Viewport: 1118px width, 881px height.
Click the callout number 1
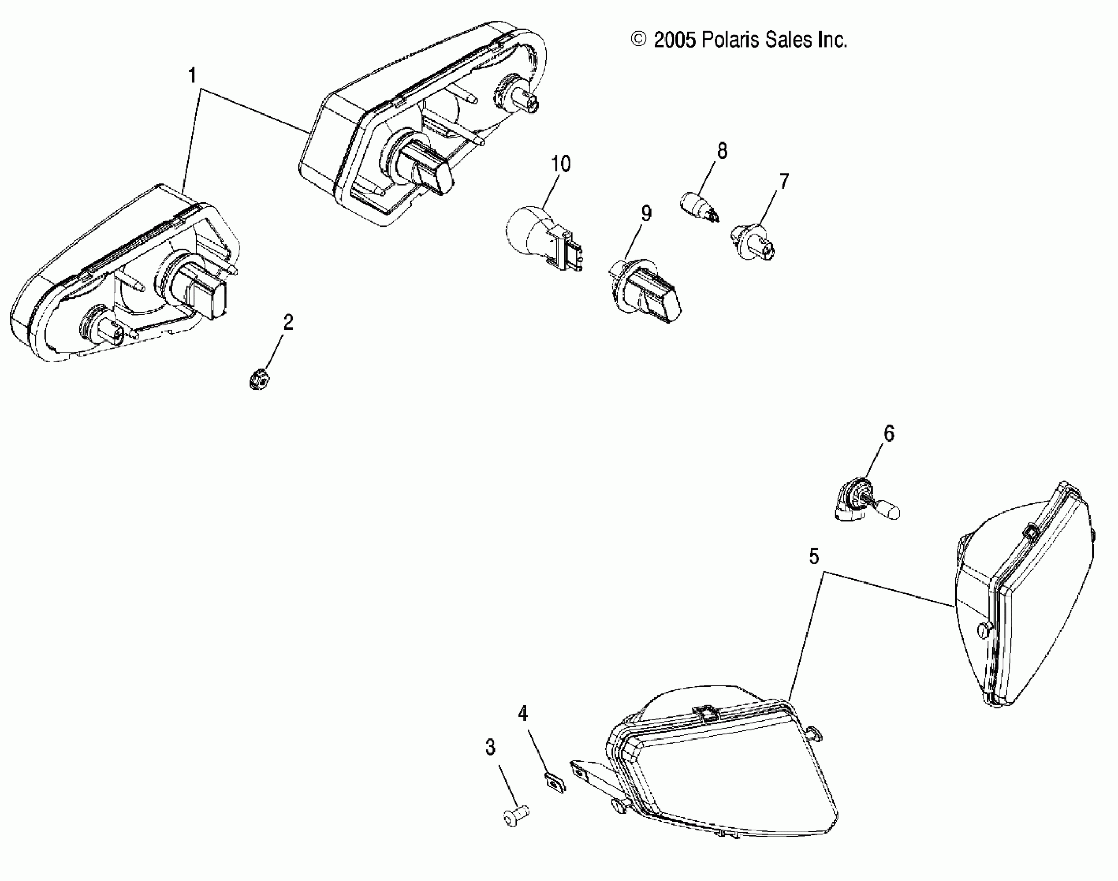click(192, 76)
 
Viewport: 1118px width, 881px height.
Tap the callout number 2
click(288, 322)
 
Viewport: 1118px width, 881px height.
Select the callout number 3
click(490, 747)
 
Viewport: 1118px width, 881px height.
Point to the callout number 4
click(523, 714)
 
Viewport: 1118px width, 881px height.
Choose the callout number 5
click(814, 557)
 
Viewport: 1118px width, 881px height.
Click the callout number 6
click(889, 434)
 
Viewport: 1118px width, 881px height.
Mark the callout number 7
click(784, 181)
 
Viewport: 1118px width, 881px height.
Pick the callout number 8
click(722, 151)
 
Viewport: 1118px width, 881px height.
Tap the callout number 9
click(646, 214)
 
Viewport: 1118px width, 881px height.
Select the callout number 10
click(561, 164)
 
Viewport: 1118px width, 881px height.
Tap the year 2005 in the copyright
click(675, 40)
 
